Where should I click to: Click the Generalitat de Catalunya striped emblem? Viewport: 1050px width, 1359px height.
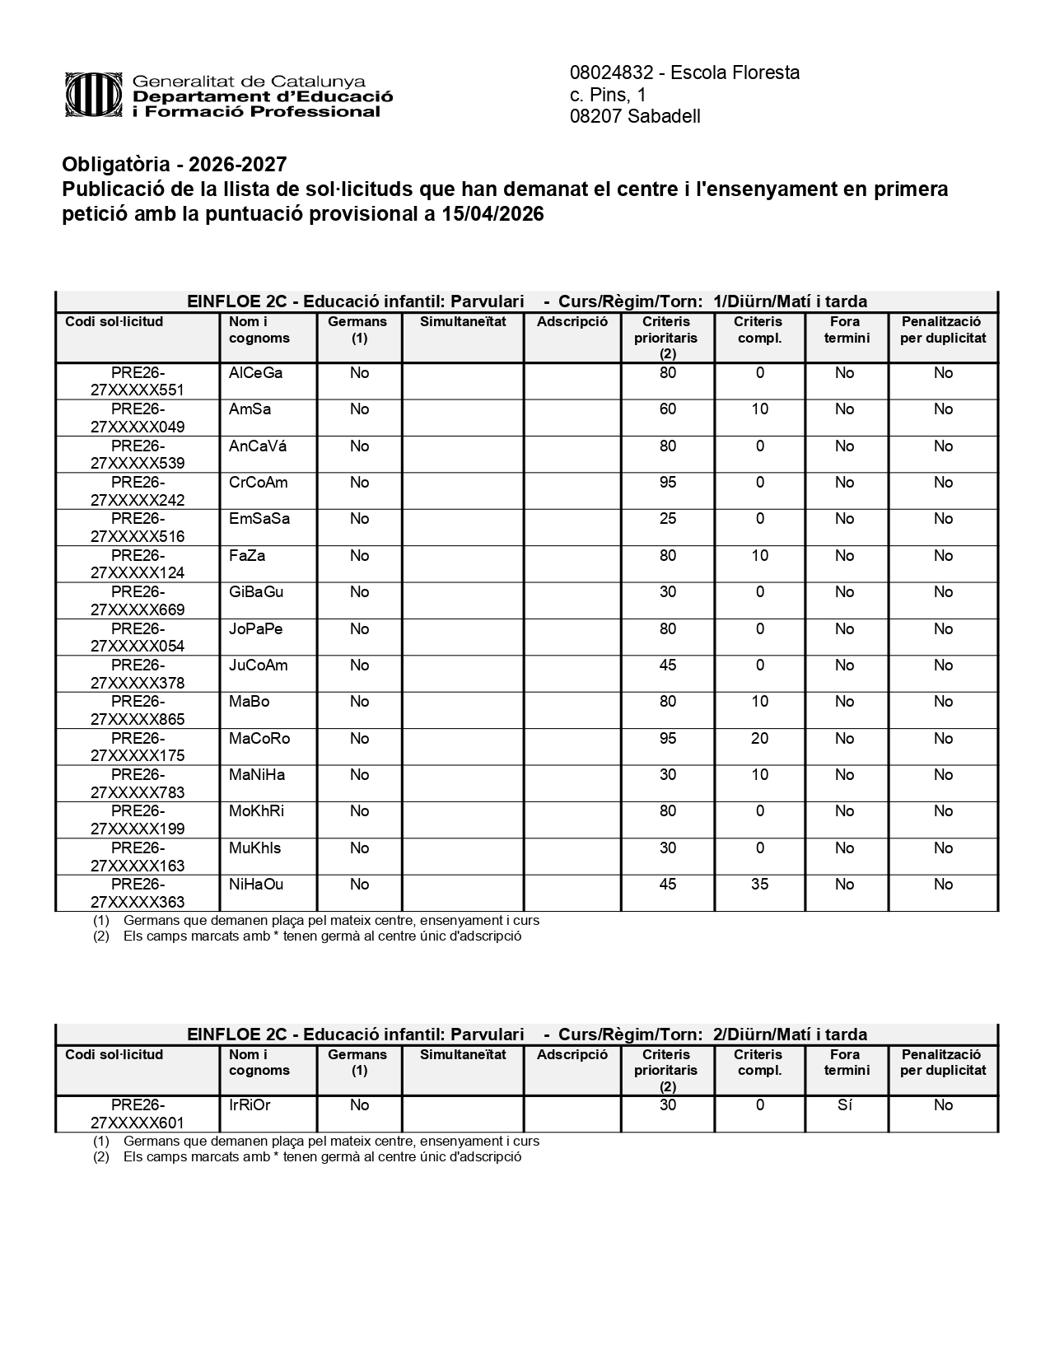click(x=96, y=96)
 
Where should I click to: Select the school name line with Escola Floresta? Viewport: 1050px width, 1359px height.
click(x=684, y=72)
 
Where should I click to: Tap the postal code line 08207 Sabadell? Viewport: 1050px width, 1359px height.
click(x=635, y=116)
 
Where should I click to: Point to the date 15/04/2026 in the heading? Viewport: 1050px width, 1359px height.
click(x=492, y=214)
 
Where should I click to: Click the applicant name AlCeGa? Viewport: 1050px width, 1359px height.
click(x=255, y=373)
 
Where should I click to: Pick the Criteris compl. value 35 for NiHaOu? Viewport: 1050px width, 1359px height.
click(x=759, y=885)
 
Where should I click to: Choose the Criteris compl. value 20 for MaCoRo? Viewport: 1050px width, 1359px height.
click(x=759, y=739)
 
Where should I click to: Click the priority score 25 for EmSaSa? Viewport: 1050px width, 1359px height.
click(x=667, y=519)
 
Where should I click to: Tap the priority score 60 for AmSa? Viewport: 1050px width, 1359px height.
click(x=667, y=409)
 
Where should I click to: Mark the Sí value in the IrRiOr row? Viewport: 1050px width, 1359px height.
click(x=844, y=1105)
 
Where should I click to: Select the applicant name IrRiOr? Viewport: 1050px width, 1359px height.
click(x=250, y=1105)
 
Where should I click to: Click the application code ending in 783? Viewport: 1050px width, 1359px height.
click(x=138, y=784)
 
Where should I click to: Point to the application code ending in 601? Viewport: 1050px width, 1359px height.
click(x=138, y=1114)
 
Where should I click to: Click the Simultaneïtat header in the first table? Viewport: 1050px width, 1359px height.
click(x=463, y=322)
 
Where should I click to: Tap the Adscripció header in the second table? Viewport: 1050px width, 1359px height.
click(x=572, y=1055)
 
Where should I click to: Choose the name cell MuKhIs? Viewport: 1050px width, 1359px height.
click(x=254, y=848)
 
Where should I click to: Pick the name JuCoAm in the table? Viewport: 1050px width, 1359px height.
click(x=258, y=665)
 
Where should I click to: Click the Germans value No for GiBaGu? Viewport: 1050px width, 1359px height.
click(x=359, y=592)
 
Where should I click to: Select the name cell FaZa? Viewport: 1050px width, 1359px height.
click(x=247, y=556)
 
